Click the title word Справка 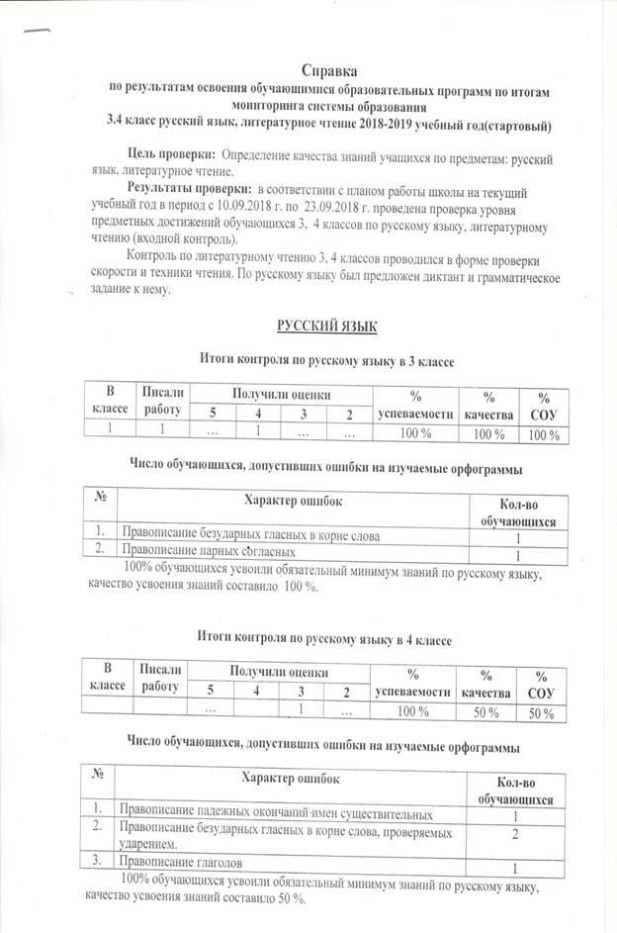(x=330, y=70)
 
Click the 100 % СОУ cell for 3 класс (x=543, y=433)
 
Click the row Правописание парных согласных (x=208, y=551)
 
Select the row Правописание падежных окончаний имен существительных (x=276, y=814)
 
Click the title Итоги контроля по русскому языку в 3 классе (x=326, y=362)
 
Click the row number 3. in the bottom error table (x=99, y=863)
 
